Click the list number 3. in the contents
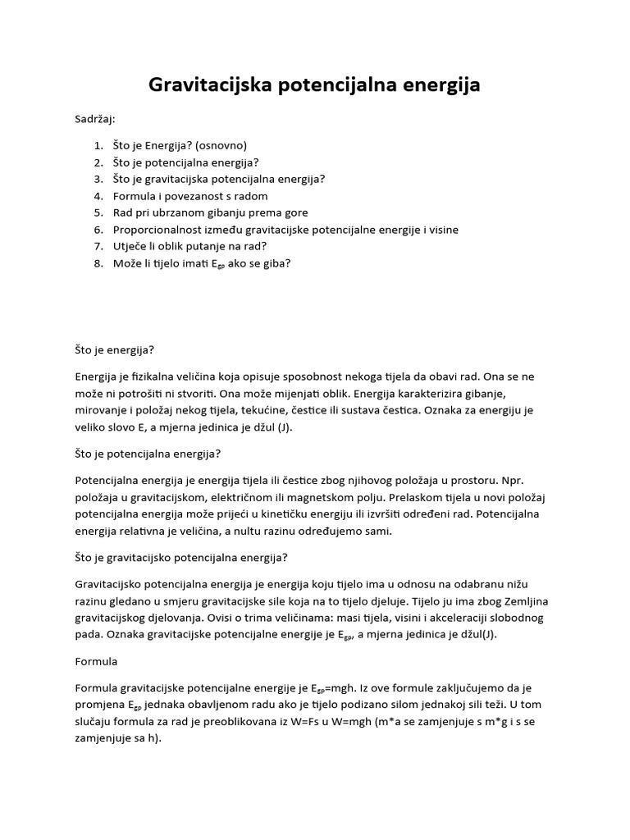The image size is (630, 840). pos(98,179)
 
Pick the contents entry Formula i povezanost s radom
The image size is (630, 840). pos(190,196)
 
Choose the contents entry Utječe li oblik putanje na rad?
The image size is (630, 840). pos(190,246)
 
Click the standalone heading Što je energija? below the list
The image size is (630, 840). pos(114,349)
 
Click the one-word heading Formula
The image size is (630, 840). pos(97,660)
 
